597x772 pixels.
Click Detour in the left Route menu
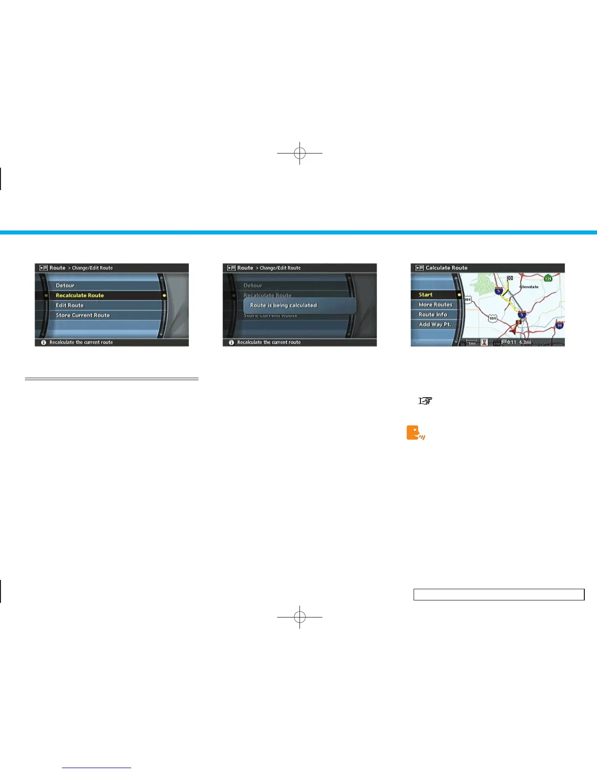click(x=65, y=286)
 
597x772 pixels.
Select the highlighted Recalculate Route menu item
click(x=80, y=295)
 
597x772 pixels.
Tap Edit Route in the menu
click(x=70, y=305)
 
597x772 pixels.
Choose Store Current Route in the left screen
click(x=83, y=315)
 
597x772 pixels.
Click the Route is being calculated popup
click(x=299, y=306)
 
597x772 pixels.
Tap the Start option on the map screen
click(x=426, y=295)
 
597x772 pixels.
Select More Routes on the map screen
click(x=435, y=305)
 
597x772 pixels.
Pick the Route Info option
click(x=433, y=314)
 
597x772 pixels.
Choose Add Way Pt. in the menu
click(x=435, y=325)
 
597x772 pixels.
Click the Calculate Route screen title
click(x=446, y=268)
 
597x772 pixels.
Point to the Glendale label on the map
click(x=529, y=287)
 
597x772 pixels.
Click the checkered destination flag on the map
click(x=510, y=278)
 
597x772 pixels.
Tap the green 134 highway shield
click(x=548, y=278)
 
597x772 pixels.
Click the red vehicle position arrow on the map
click(x=513, y=330)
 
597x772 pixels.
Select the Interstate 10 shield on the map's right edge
click(x=559, y=325)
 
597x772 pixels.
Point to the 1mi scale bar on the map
click(x=472, y=342)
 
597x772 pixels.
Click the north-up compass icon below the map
click(x=484, y=342)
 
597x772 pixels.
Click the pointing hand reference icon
click(x=425, y=401)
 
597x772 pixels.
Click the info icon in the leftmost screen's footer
click(x=43, y=343)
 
